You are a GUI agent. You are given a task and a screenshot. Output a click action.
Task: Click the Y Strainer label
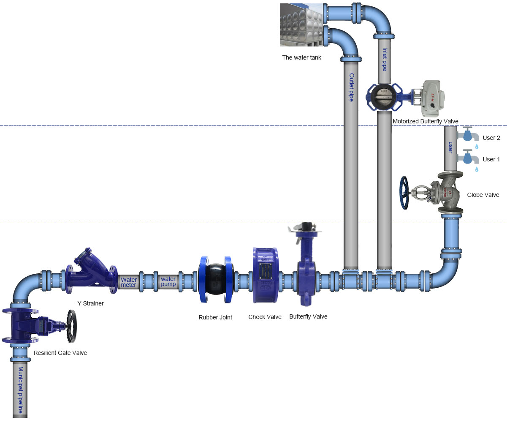pyautogui.click(x=90, y=303)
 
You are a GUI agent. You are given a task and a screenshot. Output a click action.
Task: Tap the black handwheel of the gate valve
pyautogui.click(x=71, y=326)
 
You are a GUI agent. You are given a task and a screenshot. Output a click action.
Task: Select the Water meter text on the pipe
pyautogui.click(x=128, y=282)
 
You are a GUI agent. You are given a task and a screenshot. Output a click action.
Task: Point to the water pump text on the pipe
pyautogui.click(x=168, y=281)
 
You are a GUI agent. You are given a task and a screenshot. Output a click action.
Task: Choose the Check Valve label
pyautogui.click(x=265, y=317)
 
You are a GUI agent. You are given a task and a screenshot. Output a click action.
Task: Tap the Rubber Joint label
pyautogui.click(x=215, y=317)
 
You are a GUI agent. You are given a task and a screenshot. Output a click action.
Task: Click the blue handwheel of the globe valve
pyautogui.click(x=404, y=193)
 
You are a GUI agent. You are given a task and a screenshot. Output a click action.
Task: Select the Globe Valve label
pyautogui.click(x=483, y=195)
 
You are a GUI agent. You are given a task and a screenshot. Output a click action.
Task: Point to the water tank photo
pyautogui.click(x=301, y=25)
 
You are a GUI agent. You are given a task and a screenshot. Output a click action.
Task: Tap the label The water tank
pyautogui.click(x=301, y=57)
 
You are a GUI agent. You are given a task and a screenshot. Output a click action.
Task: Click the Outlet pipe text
pyautogui.click(x=351, y=87)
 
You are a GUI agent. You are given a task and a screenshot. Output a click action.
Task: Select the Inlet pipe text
pyautogui.click(x=385, y=59)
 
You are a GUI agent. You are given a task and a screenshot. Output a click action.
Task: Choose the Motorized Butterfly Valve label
pyautogui.click(x=425, y=121)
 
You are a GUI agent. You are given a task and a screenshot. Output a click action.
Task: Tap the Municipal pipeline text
pyautogui.click(x=20, y=390)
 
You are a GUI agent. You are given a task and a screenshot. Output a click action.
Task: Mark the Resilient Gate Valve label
pyautogui.click(x=60, y=353)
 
